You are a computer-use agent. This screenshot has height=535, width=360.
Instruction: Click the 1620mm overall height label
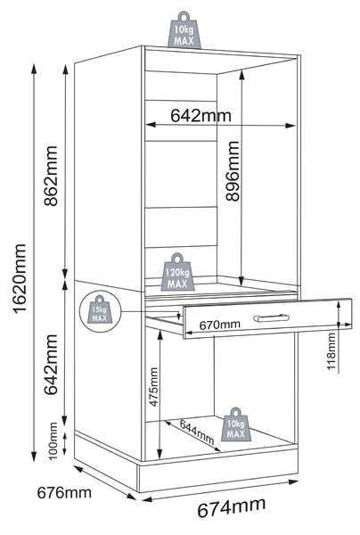click(20, 278)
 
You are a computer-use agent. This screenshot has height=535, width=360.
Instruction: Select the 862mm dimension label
click(51, 176)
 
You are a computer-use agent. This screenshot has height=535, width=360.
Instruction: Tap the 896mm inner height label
click(233, 170)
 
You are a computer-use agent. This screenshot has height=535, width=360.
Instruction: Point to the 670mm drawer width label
click(219, 325)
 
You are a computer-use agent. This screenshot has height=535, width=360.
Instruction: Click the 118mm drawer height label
click(331, 351)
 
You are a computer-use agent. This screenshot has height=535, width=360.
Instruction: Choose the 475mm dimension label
click(154, 387)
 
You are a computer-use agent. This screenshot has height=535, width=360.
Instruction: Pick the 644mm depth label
click(197, 432)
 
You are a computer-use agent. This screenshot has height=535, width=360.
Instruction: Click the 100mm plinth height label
click(53, 441)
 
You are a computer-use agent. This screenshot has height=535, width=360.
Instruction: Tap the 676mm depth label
click(64, 493)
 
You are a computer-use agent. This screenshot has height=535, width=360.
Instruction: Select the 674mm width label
click(231, 508)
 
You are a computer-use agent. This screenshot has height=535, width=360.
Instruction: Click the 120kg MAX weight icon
click(177, 272)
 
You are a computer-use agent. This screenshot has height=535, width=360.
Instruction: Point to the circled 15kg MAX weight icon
click(100, 311)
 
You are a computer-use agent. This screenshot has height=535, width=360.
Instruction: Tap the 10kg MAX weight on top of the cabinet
click(184, 30)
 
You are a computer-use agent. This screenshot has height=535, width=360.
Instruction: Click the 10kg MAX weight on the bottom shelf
click(236, 424)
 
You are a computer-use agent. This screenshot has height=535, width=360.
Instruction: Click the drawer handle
click(272, 318)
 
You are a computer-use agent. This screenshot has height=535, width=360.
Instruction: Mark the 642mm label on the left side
click(51, 364)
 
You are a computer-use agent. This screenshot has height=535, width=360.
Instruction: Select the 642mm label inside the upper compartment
click(200, 115)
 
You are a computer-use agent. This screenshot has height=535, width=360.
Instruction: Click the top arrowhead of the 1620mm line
click(34, 69)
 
